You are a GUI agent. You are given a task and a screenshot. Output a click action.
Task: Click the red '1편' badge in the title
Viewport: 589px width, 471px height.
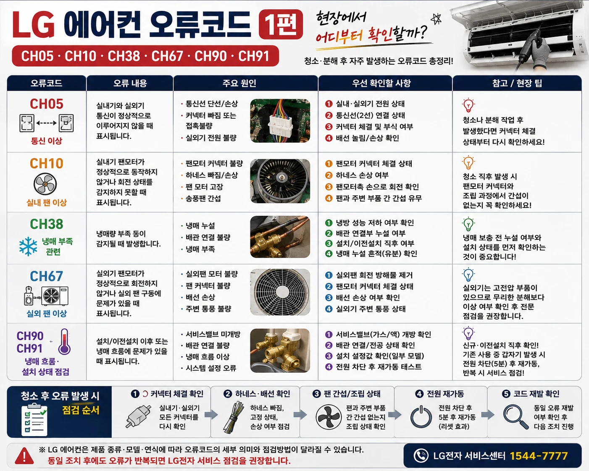tap(281, 24)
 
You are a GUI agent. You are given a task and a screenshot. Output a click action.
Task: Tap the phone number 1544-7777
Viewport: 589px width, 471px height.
tap(539, 456)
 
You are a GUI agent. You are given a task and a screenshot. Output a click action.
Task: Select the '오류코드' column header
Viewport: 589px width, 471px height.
tap(46, 83)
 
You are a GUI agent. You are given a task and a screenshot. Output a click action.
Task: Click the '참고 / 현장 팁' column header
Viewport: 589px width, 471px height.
tap(517, 83)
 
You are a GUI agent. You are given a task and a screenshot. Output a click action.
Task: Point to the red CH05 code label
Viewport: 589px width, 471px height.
tap(47, 104)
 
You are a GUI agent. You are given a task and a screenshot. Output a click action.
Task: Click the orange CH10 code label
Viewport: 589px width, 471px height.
tap(47, 164)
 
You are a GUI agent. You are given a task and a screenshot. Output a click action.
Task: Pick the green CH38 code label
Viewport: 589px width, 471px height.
tap(47, 224)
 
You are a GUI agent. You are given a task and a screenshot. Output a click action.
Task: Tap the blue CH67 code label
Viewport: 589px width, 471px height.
tap(47, 276)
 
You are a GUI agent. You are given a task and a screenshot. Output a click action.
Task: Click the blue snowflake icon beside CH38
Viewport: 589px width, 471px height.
tap(28, 246)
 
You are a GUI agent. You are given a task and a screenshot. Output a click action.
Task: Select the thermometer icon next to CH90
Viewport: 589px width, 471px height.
tap(65, 342)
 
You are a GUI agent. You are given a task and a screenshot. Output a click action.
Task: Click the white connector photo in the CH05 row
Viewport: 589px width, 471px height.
tap(280, 120)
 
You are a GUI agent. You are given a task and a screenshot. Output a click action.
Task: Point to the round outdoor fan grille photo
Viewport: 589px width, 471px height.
tap(280, 292)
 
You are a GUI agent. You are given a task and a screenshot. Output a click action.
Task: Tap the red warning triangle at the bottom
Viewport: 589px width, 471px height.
tap(24, 456)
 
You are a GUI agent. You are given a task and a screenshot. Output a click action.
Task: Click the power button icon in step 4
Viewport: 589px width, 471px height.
tap(421, 417)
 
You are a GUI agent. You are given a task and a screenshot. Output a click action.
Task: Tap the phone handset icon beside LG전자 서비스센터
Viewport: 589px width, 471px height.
tap(421, 456)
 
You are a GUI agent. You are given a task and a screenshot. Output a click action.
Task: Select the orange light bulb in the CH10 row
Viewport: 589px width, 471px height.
tap(468, 162)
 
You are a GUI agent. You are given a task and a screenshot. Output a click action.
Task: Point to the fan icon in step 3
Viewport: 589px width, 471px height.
tap(329, 417)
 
